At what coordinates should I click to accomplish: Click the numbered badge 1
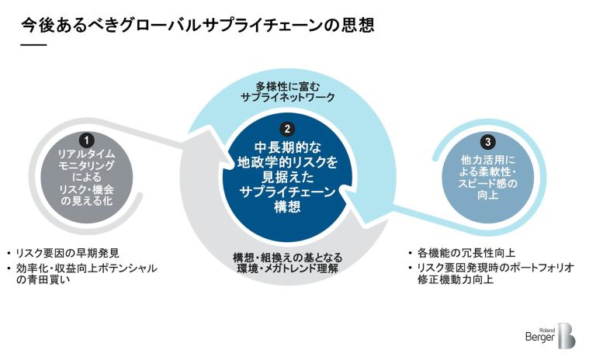[x=88, y=140]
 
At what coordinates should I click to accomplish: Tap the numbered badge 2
[x=288, y=130]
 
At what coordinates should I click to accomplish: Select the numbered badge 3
[x=487, y=142]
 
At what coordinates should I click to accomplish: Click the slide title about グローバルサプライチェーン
[x=198, y=26]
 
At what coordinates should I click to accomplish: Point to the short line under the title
[x=33, y=46]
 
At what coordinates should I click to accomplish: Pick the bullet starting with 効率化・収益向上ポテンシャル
[x=85, y=268]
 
